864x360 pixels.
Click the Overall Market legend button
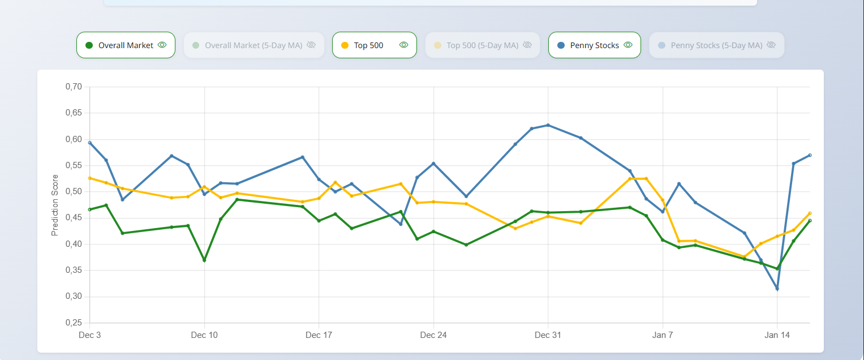(x=126, y=45)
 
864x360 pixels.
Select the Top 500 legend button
(x=374, y=45)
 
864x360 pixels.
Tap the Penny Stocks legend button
(x=594, y=45)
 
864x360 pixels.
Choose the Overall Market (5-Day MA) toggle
(x=253, y=45)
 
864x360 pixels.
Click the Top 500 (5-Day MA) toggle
(x=482, y=45)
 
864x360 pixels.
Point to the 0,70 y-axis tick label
(x=74, y=87)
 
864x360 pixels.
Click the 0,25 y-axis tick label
(x=74, y=323)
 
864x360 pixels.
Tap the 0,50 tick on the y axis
(x=74, y=191)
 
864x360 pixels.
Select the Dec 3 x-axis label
(x=89, y=335)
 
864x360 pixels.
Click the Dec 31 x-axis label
(x=548, y=335)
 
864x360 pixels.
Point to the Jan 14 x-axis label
(x=777, y=335)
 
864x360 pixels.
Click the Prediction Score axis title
(x=55, y=205)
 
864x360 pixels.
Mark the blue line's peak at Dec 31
(x=548, y=125)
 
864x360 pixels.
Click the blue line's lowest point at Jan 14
(x=777, y=289)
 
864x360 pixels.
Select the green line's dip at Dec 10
(x=204, y=260)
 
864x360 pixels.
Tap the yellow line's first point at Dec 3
(x=89, y=178)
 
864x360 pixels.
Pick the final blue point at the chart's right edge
(x=810, y=155)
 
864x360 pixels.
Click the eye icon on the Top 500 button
(x=403, y=45)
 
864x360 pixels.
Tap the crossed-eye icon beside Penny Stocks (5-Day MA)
(x=771, y=45)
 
